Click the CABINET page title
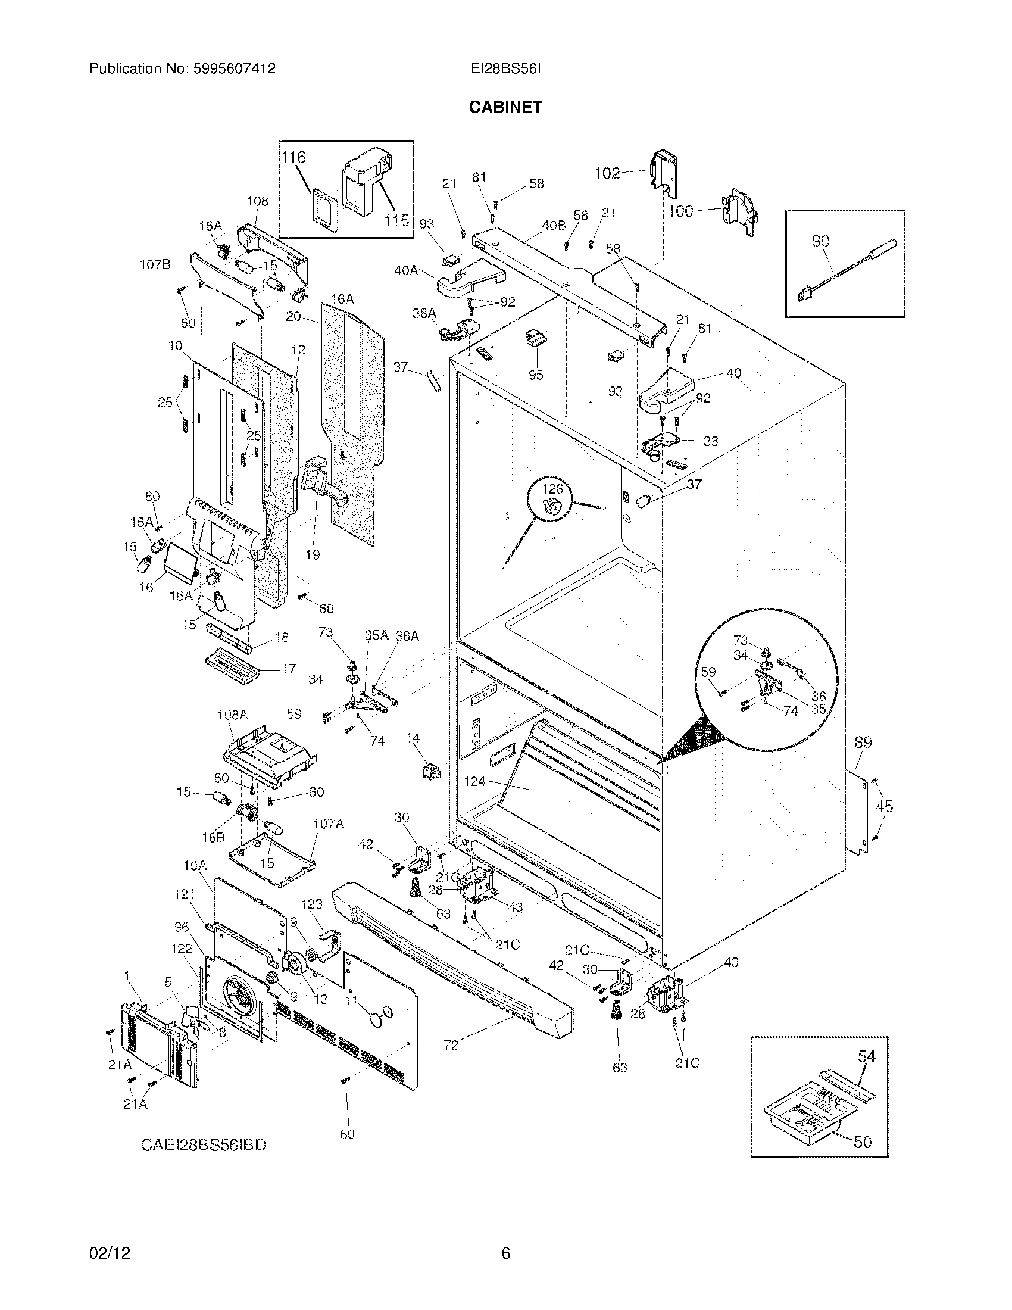pos(505,107)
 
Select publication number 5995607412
pos(235,69)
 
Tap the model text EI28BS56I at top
pos(505,69)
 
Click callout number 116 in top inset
pos(293,158)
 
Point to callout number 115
pos(396,221)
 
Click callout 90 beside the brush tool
pos(820,241)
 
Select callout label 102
pos(607,173)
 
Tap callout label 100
pos(680,211)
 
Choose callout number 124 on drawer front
pos(475,782)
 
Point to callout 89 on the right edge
pos(863,743)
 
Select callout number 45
pos(884,806)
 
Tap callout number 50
pos(862,1142)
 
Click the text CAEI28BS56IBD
pos(203,1144)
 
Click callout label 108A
pos(232,715)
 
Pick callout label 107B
pos(155,264)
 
